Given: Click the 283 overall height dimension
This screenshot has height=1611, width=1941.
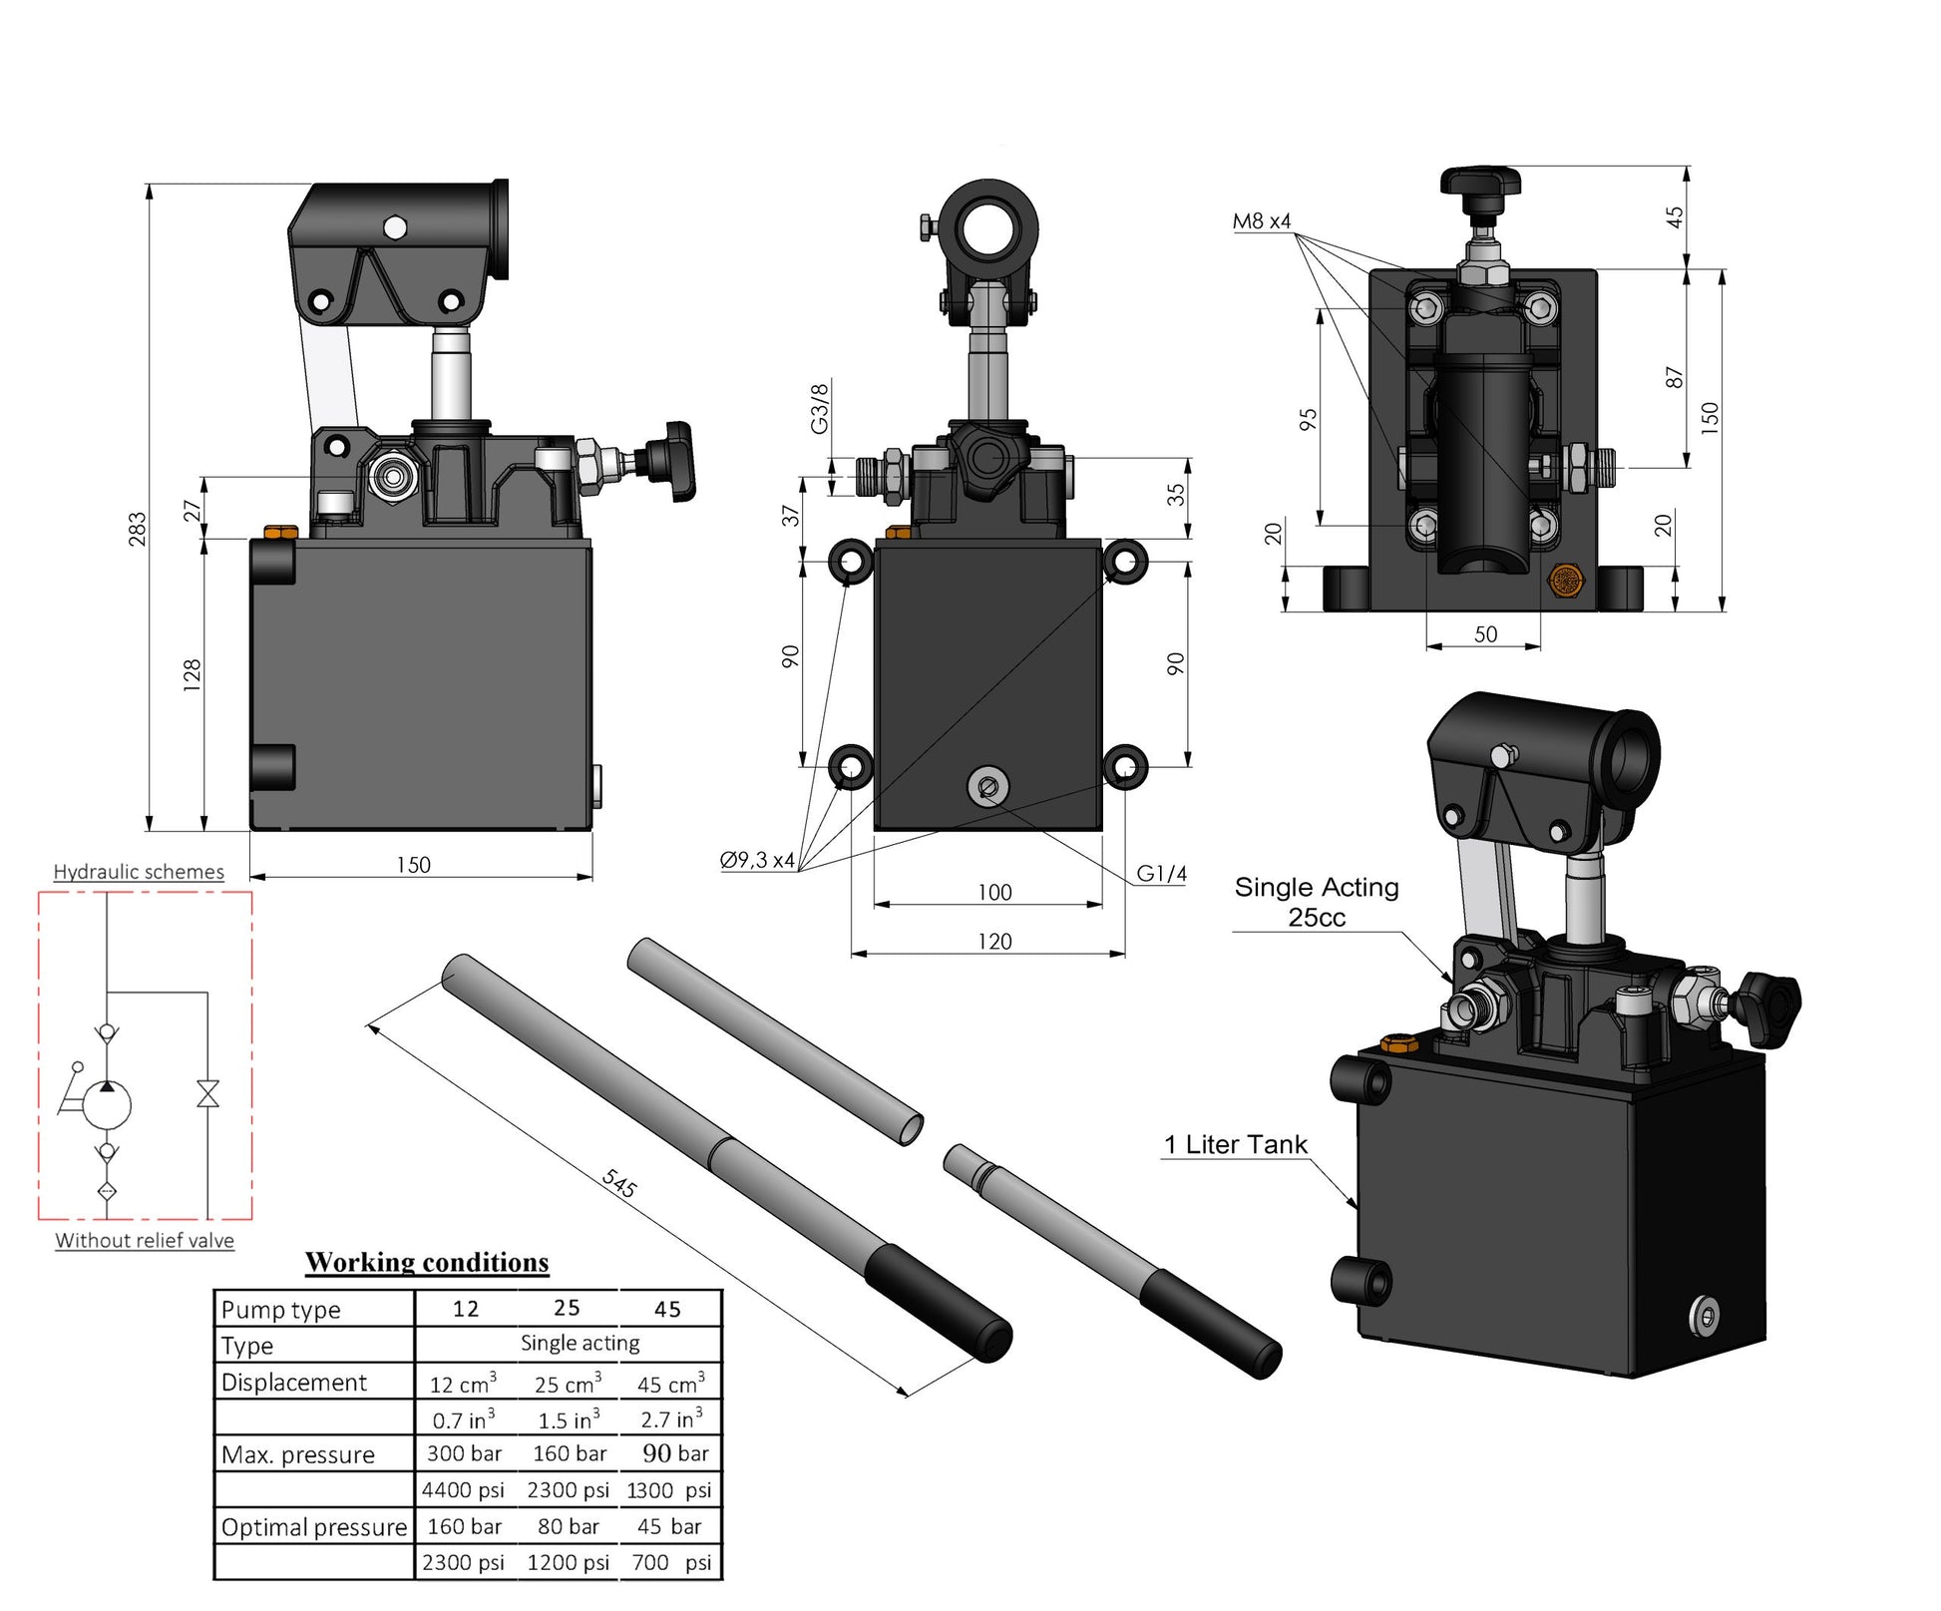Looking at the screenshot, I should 138,529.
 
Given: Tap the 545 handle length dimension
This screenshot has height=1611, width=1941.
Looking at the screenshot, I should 618,1183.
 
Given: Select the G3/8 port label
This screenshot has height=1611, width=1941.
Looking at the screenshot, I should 819,408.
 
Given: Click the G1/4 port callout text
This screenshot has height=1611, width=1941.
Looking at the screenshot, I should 1161,874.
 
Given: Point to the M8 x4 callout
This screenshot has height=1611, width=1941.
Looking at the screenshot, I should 1261,221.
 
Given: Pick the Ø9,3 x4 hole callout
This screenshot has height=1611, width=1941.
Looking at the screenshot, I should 757,860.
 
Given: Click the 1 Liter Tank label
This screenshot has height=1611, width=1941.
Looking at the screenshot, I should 1235,1144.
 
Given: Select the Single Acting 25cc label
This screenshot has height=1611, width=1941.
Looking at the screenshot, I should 1316,902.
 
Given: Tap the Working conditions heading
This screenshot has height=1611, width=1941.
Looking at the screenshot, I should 427,1262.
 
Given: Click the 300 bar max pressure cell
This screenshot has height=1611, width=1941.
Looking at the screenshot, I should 464,1453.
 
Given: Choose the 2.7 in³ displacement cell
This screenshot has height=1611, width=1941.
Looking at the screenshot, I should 670,1418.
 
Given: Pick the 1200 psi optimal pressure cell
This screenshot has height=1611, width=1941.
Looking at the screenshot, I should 568,1562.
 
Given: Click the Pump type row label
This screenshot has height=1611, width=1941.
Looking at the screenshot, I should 280,1310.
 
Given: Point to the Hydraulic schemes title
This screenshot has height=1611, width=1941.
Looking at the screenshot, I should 139,872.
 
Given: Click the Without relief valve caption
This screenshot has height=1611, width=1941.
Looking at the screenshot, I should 145,1241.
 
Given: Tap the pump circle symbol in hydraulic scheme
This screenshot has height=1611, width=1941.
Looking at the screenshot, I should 107,1103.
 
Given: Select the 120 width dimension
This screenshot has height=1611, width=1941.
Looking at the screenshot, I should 993,941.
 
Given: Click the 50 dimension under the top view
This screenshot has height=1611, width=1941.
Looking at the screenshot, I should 1485,634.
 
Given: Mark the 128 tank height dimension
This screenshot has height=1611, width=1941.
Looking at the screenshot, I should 193,674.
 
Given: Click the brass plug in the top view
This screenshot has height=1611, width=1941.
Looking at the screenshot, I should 1563,581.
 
